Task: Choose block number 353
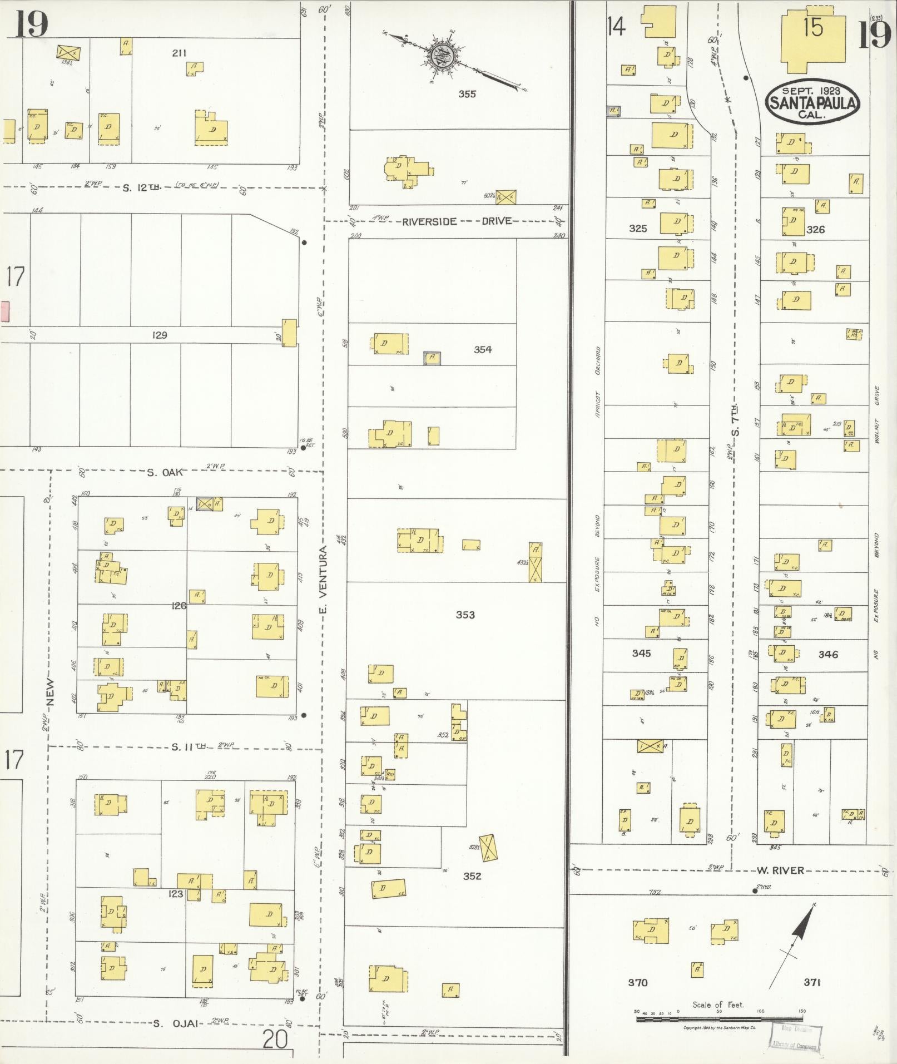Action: (465, 615)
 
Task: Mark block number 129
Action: (160, 335)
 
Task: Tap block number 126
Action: (179, 606)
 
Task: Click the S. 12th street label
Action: (141, 187)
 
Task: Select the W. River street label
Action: (780, 870)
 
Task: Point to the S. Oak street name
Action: (165, 472)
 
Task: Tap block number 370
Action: (637, 983)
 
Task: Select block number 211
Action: (179, 53)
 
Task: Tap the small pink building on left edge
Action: (5, 311)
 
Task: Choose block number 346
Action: (827, 655)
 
